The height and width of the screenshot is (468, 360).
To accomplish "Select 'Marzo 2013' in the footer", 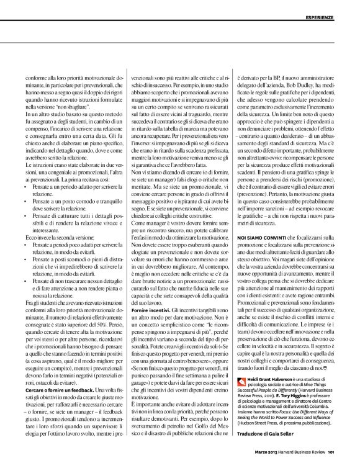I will (x=263, y=459).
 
